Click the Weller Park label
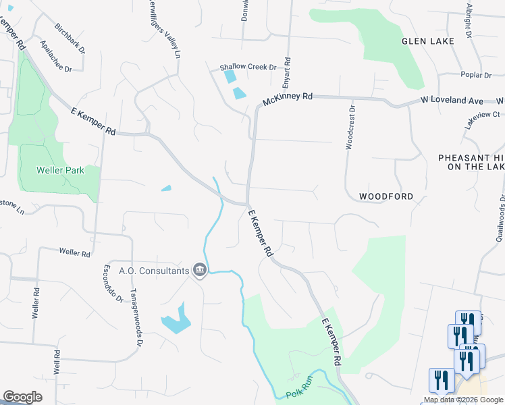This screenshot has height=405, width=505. tap(61, 170)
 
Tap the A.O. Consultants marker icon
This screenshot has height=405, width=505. tap(200, 271)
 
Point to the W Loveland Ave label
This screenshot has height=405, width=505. tap(452, 101)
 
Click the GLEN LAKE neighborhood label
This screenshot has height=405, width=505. tap(427, 41)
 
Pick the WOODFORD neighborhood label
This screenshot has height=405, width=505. tap(386, 196)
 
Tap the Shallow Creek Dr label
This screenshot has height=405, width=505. tap(248, 67)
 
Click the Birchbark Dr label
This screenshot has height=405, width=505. tap(70, 40)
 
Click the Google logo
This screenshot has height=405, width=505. tap(22, 397)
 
